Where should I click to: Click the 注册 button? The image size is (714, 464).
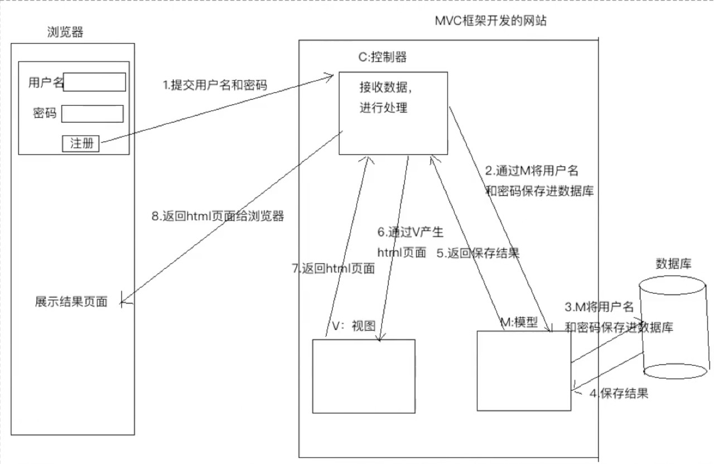click(x=81, y=143)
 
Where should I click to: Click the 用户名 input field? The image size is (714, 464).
click(x=94, y=82)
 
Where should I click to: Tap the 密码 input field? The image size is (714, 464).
click(x=93, y=114)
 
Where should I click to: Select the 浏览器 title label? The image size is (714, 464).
click(x=65, y=32)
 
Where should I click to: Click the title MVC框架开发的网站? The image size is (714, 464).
click(x=491, y=21)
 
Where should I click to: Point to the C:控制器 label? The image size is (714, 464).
click(x=383, y=57)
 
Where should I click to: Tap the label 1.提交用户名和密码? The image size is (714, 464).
click(x=215, y=85)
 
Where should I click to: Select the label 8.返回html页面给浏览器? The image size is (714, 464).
click(x=218, y=216)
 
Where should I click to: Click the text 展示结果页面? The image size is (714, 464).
click(x=71, y=302)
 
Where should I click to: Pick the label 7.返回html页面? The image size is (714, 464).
click(x=334, y=268)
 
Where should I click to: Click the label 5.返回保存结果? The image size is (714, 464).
click(x=478, y=253)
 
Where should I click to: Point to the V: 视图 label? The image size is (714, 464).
click(x=354, y=326)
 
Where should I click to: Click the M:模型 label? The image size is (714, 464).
click(x=519, y=322)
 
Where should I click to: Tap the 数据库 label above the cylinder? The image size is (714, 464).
click(x=673, y=264)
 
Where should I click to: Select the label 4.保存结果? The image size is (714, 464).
click(x=619, y=393)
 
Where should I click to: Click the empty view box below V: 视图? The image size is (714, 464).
click(x=364, y=376)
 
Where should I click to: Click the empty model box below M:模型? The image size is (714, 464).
click(x=524, y=371)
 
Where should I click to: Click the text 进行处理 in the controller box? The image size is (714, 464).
click(x=383, y=108)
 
